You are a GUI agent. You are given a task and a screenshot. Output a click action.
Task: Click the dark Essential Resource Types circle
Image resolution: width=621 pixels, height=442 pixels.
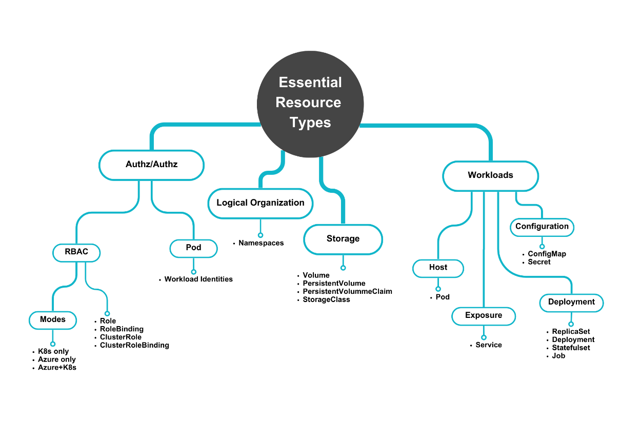tap(310, 103)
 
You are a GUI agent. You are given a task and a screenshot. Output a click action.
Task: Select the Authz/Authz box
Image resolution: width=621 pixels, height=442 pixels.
tap(151, 165)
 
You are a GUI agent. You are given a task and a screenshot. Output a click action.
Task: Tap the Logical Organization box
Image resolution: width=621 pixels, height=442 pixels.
tap(261, 203)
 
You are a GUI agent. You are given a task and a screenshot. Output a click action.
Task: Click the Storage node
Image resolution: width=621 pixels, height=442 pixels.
tap(343, 239)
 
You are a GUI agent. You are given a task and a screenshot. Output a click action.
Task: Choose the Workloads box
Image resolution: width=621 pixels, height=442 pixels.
tap(490, 175)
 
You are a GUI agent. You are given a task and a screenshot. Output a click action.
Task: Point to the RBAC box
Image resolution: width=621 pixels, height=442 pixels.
tap(76, 252)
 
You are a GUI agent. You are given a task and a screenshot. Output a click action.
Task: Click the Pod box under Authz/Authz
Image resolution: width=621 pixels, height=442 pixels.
tap(193, 248)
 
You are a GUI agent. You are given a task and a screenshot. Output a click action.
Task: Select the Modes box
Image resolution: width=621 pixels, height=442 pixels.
tap(53, 319)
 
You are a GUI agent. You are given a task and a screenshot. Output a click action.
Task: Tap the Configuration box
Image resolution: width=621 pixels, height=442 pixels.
tap(542, 227)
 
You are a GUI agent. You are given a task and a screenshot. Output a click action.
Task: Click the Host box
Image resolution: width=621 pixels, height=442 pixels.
tap(438, 268)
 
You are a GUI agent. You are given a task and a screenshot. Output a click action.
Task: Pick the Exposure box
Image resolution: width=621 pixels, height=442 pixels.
tap(483, 315)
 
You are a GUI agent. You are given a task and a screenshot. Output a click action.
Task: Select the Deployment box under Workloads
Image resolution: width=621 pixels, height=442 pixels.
tap(571, 302)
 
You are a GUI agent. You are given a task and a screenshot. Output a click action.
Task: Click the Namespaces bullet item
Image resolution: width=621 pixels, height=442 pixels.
tap(261, 243)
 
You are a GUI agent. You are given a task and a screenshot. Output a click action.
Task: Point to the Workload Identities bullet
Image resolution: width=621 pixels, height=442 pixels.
tap(198, 279)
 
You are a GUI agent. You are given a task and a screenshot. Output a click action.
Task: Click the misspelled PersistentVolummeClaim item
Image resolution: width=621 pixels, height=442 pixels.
tap(347, 291)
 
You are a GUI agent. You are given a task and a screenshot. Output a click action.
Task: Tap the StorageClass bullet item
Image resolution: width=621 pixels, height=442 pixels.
tap(326, 299)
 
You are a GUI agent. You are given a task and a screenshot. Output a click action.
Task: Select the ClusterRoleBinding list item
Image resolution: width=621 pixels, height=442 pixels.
tap(134, 345)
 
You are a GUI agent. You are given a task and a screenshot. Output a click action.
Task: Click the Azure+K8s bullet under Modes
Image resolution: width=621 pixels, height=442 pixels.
tap(57, 368)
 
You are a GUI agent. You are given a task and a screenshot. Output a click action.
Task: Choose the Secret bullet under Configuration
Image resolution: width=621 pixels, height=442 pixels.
tap(539, 262)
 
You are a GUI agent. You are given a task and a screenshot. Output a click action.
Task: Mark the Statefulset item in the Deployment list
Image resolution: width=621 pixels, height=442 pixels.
tap(571, 348)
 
